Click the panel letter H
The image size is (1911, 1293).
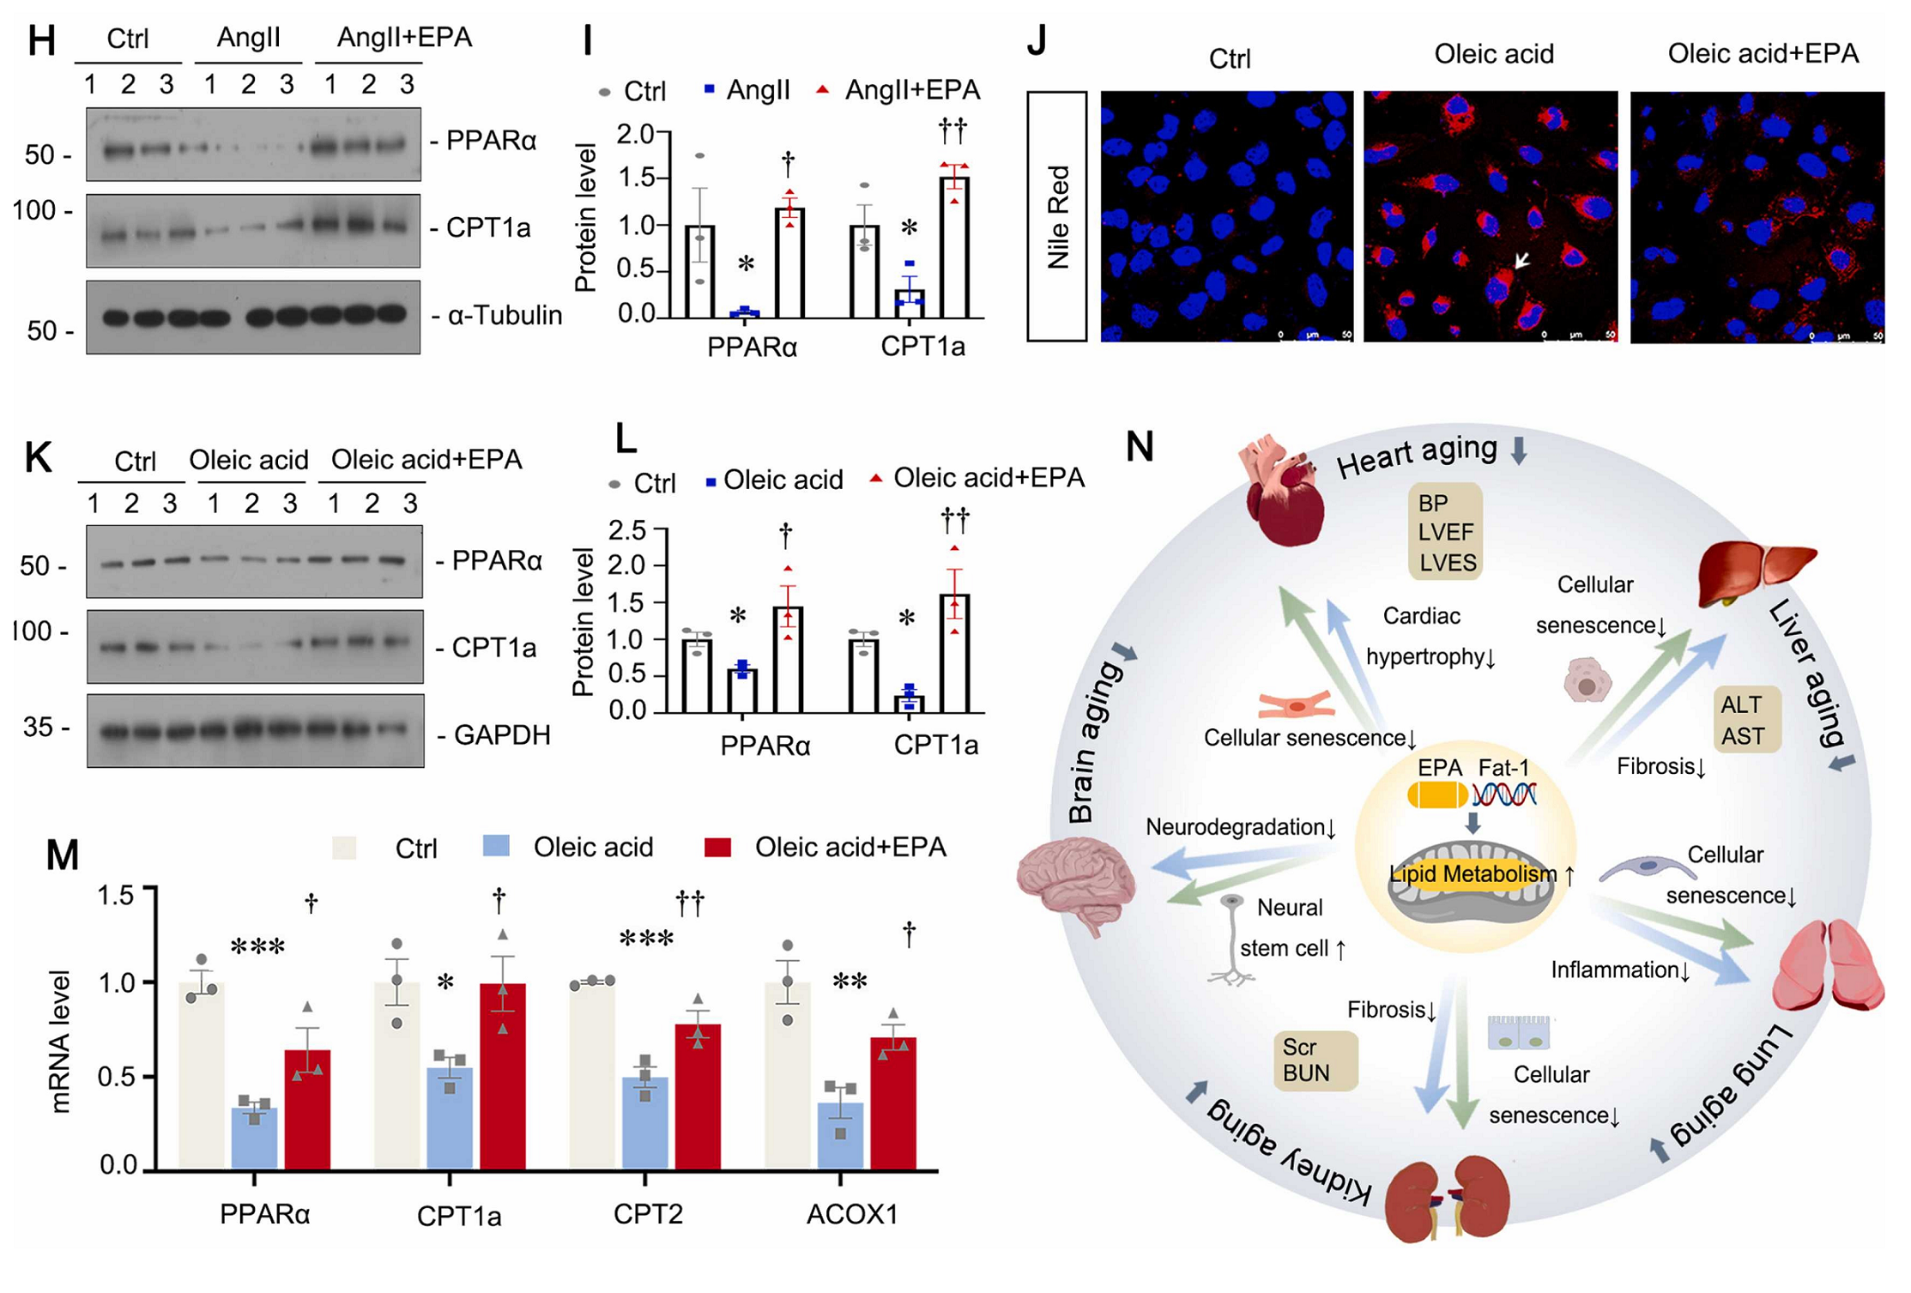coord(41,41)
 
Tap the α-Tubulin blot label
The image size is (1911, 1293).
coord(504,315)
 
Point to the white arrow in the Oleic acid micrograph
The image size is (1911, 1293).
coord(1521,259)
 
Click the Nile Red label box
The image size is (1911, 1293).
coord(1057,216)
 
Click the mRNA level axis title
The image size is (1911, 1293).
coord(60,1041)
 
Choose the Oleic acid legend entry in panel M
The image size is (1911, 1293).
coord(592,848)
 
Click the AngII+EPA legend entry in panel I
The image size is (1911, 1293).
coord(911,90)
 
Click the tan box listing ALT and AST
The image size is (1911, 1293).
coord(1742,720)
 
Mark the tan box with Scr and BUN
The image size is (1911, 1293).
coord(1314,1060)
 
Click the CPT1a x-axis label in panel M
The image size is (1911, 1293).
coord(459,1216)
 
